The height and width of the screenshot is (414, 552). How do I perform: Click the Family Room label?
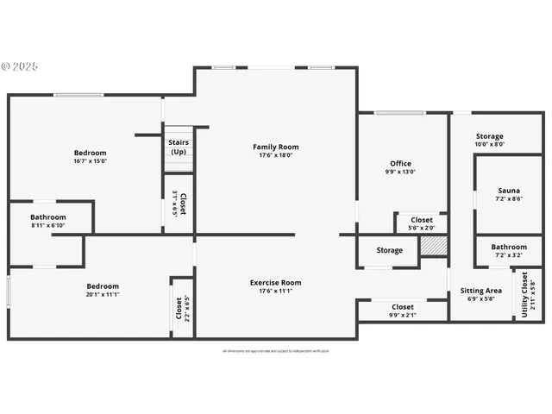point(276,147)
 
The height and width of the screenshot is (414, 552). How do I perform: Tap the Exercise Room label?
point(276,282)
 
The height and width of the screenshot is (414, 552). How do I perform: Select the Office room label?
point(401,163)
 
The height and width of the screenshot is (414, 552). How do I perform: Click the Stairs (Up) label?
point(179,147)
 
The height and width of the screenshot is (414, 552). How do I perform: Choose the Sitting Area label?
point(480,291)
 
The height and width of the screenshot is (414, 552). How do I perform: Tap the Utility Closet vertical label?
point(525,295)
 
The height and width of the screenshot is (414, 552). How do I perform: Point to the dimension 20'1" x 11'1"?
point(103,295)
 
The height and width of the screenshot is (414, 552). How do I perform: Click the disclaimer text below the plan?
point(276,351)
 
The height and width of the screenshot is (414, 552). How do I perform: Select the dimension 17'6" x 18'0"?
point(276,155)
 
